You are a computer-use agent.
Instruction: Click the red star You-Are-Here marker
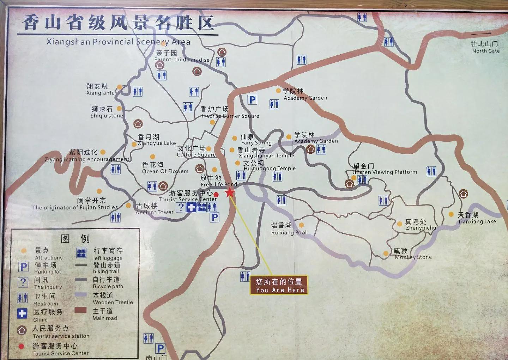pyautogui.click(x=230, y=193)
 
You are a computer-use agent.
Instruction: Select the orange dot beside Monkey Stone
pyautogui.click(x=386, y=254)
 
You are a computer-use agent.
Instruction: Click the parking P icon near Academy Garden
pyautogui.click(x=252, y=100)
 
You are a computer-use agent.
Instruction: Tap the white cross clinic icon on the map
pyautogui.click(x=191, y=207)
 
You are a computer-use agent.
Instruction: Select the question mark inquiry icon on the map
pyautogui.click(x=181, y=207)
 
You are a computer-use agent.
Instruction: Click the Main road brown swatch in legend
pyautogui.click(x=80, y=310)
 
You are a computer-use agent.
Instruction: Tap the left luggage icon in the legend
pyautogui.click(x=81, y=253)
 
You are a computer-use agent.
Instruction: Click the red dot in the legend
pyautogui.click(x=21, y=346)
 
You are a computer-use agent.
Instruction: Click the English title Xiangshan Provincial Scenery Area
pyautogui.click(x=118, y=42)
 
